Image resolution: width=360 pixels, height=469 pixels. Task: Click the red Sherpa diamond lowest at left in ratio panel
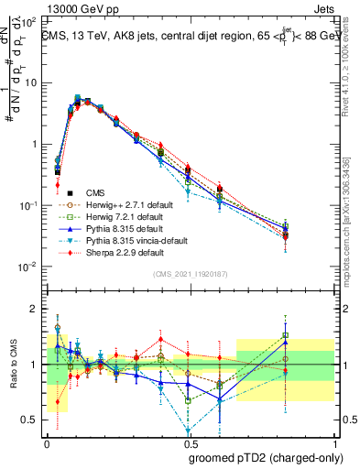point(58,401)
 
